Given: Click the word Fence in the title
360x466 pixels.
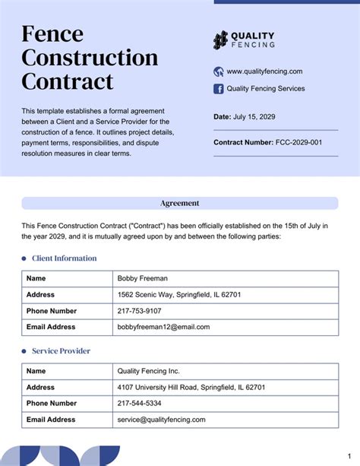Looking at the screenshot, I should click(x=52, y=34).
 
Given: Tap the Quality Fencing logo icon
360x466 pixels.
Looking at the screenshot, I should click(x=220, y=40).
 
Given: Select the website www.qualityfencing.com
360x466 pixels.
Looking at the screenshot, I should click(x=264, y=71).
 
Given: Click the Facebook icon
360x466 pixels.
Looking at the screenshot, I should click(x=219, y=88).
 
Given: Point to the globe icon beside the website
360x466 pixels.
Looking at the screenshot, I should click(x=219, y=71).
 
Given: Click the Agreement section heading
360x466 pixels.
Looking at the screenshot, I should click(x=180, y=203).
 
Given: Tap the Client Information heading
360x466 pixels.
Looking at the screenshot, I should click(x=65, y=258).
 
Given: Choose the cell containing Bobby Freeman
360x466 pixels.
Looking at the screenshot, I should click(x=143, y=278).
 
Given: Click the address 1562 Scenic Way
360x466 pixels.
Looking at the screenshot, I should click(x=179, y=294).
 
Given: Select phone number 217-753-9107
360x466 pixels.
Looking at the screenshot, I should click(x=139, y=311).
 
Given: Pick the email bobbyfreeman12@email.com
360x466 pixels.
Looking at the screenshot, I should click(x=163, y=327).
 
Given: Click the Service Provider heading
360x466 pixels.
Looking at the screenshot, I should click(x=61, y=350).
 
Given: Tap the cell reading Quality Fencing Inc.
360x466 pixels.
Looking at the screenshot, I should click(x=149, y=371).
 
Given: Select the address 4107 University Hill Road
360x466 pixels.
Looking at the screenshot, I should click(x=191, y=387).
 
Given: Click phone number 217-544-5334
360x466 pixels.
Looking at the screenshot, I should click(x=139, y=403).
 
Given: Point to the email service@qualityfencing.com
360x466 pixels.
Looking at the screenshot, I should click(x=161, y=419).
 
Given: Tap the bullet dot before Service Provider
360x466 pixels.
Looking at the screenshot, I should click(x=24, y=351).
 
